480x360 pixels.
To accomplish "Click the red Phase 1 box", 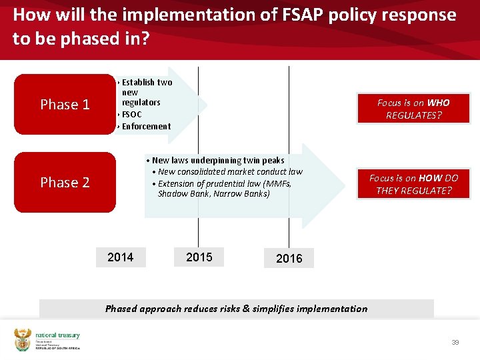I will tap(65, 105).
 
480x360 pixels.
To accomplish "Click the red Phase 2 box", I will tap(65, 183).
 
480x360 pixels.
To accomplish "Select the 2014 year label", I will tap(120, 257).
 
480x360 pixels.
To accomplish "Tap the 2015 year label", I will tap(199, 257).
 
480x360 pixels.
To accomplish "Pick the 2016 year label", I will tap(288, 258).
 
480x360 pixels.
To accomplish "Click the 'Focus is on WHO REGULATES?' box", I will tap(413, 109).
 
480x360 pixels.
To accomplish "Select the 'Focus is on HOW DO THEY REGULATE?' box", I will tap(413, 184).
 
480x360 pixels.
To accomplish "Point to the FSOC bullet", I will tap(131, 114).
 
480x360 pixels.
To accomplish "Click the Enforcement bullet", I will tap(146, 126).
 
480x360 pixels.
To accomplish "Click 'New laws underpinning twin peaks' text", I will tap(217, 160).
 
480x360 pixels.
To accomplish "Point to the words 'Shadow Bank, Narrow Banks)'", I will tap(213, 194).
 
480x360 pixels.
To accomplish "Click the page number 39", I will tap(455, 342).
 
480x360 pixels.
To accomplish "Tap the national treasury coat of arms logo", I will tap(23, 340).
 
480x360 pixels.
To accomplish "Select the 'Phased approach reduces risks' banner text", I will tap(236, 309).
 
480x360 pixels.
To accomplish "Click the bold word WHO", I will tap(438, 103).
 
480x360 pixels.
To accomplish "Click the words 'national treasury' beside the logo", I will tap(57, 335).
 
